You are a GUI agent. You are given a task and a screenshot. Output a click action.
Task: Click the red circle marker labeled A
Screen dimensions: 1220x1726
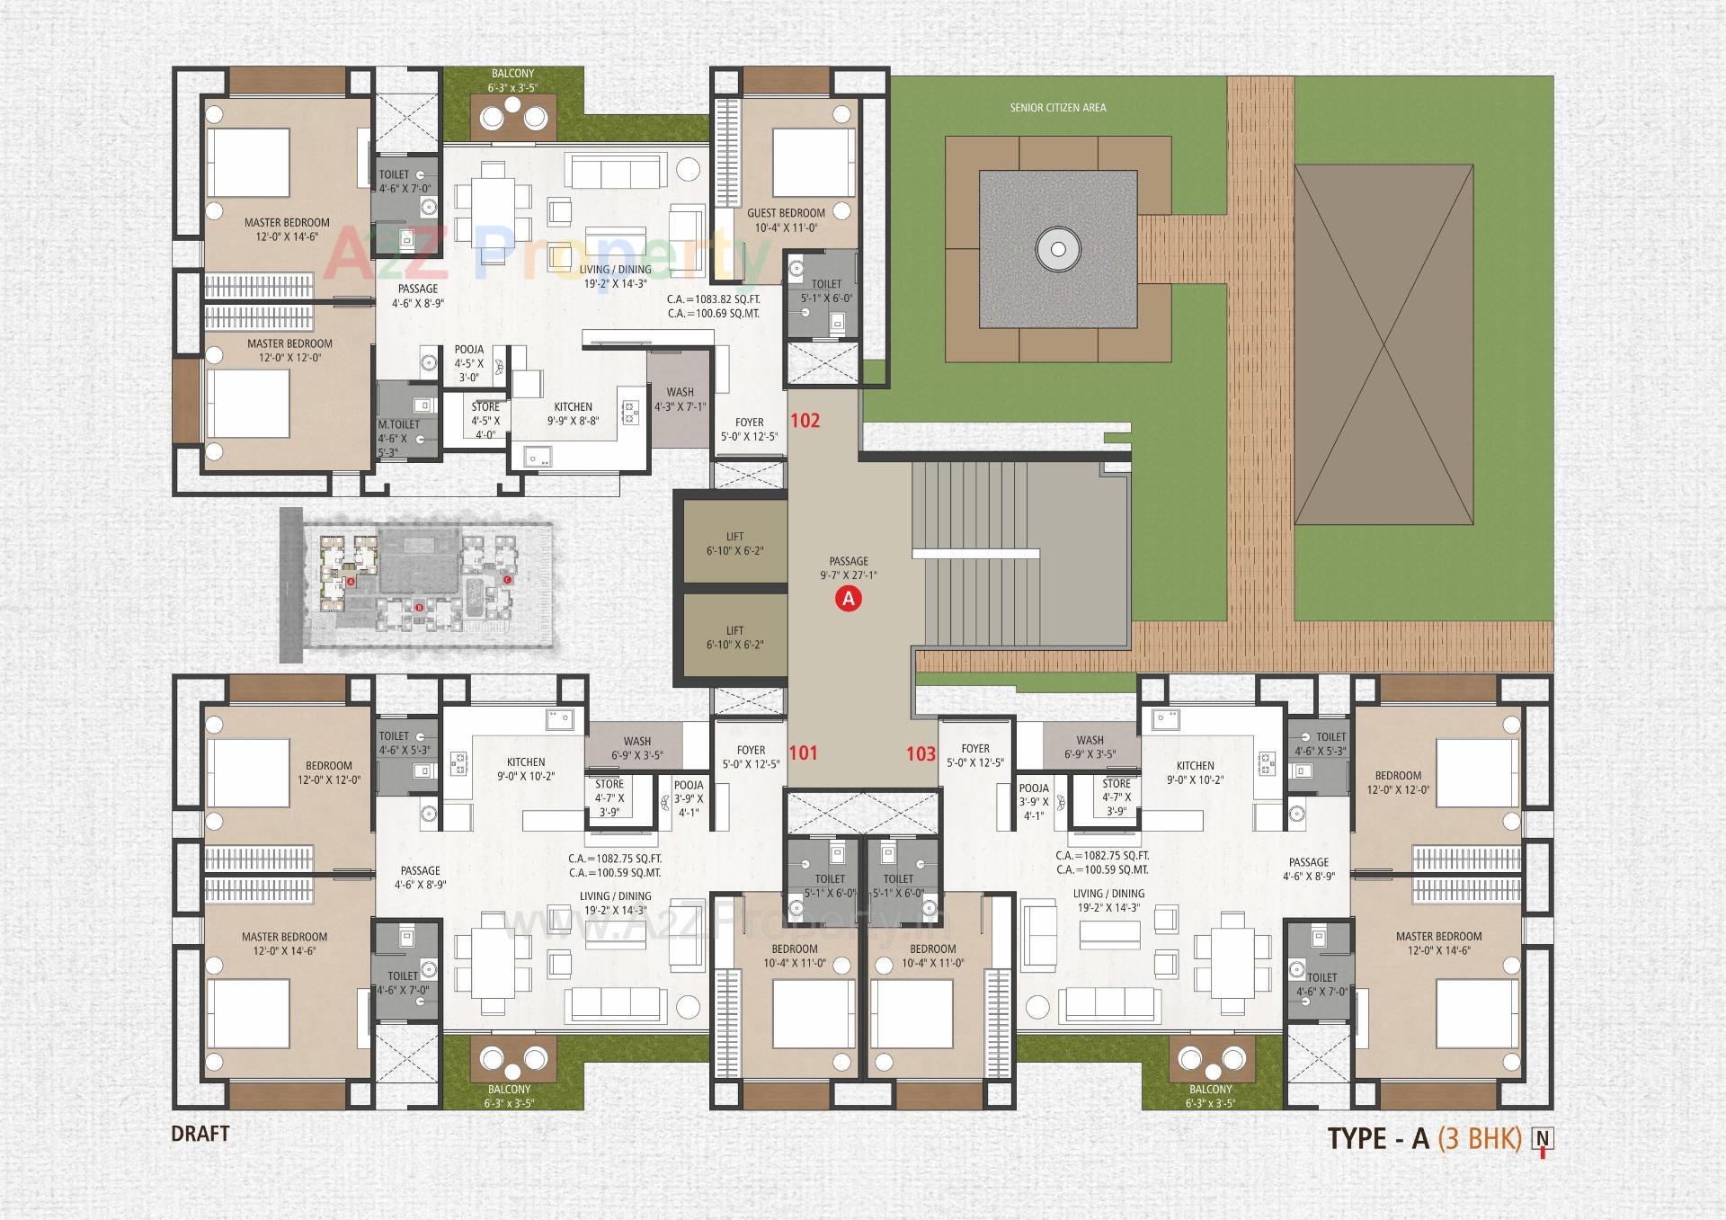(848, 598)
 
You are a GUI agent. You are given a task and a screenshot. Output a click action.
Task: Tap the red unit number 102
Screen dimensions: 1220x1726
(805, 420)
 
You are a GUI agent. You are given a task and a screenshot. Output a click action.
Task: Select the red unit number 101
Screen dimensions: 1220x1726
(803, 752)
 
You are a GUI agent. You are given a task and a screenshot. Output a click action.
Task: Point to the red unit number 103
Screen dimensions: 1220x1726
(921, 753)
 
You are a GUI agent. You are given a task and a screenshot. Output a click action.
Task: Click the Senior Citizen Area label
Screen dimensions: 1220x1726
(1057, 108)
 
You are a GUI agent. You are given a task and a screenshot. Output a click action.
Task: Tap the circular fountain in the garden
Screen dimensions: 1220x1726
(1057, 249)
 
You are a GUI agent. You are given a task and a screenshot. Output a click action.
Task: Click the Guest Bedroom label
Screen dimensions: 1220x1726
(786, 213)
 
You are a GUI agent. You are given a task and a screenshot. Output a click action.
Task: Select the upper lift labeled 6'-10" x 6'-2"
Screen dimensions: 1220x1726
(734, 544)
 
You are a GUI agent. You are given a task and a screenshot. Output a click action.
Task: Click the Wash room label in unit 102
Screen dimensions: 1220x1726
(680, 392)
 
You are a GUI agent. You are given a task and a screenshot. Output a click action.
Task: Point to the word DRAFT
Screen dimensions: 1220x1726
(200, 1134)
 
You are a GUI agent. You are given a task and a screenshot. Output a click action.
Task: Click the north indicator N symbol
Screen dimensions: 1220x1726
(1543, 1139)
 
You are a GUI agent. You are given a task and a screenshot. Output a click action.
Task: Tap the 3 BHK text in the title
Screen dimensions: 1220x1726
(1479, 1138)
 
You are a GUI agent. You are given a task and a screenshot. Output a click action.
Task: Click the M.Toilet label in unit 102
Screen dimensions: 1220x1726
(398, 424)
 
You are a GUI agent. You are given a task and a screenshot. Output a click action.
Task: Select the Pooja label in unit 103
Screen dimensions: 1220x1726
(1034, 788)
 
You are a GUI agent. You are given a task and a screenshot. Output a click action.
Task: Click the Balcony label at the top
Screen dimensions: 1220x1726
(512, 74)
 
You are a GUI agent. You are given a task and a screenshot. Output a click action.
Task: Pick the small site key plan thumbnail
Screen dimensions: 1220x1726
(416, 584)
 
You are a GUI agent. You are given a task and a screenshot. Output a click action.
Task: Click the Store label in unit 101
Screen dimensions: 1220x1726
(609, 784)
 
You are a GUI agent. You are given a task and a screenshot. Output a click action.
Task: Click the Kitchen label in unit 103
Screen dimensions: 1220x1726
(1195, 766)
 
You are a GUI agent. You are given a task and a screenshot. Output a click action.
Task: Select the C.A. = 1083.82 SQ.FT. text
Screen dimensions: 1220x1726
(714, 299)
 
